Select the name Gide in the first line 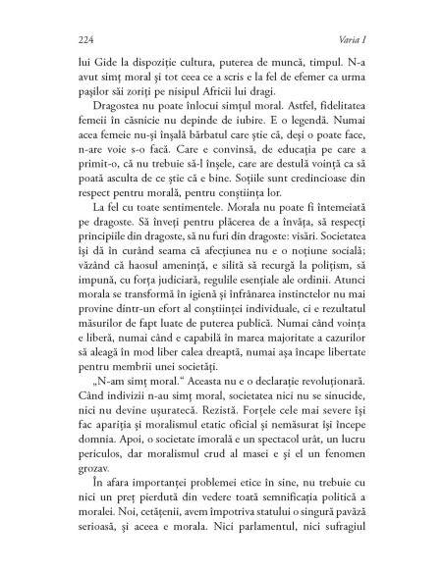click(x=103, y=60)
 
